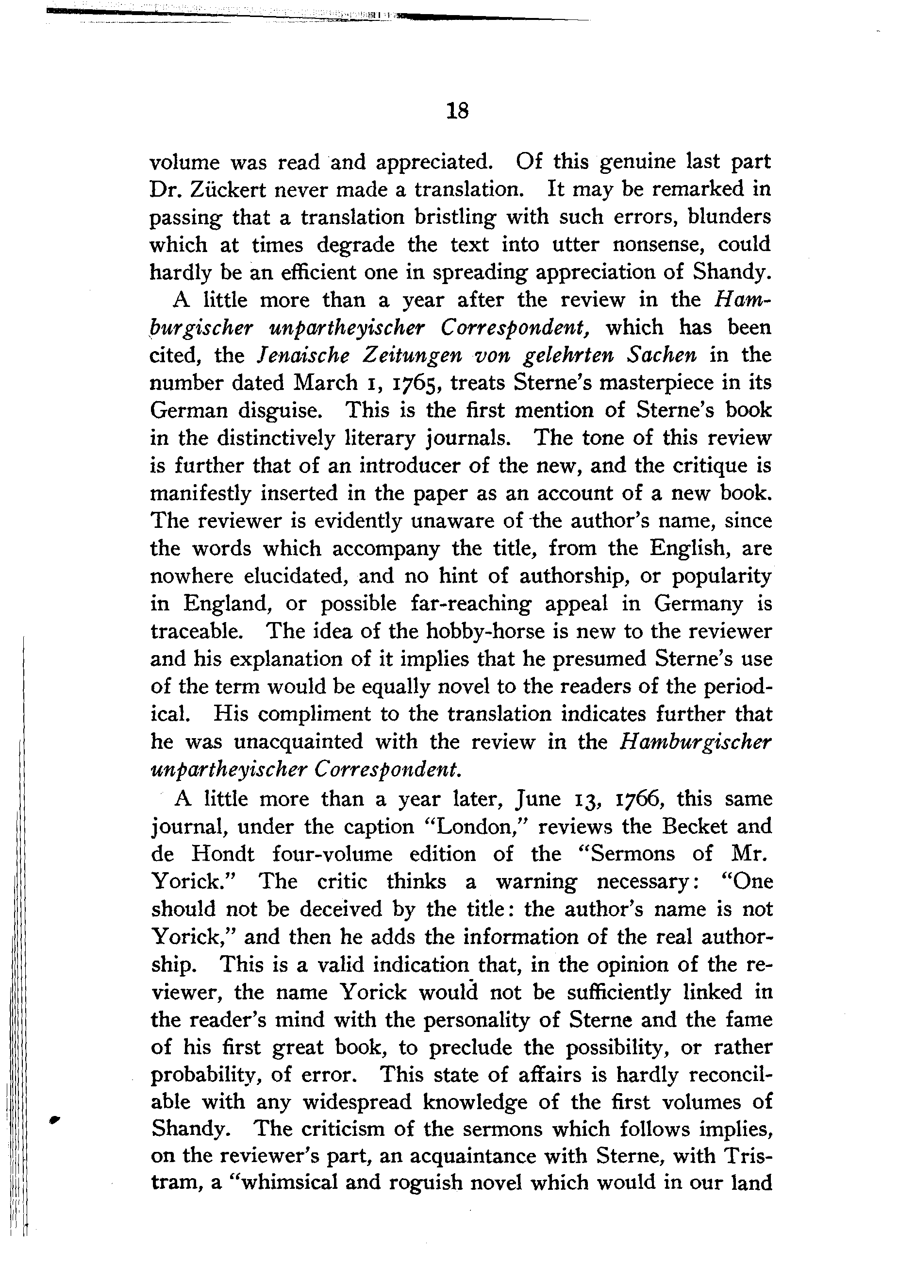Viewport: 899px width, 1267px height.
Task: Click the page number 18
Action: (x=457, y=111)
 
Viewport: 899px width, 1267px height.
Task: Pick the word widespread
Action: (x=357, y=1102)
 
